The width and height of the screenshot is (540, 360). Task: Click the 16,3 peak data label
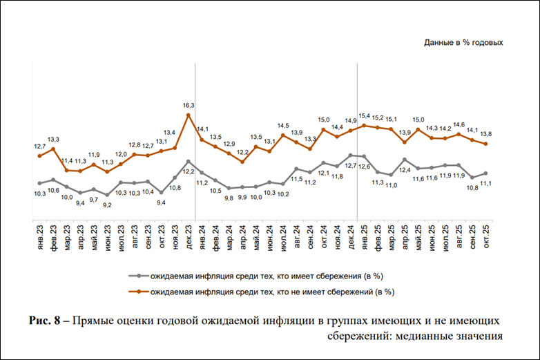[189, 105]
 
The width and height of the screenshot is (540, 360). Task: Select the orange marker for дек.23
[189, 115]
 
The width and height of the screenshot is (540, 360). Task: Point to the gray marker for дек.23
[189, 162]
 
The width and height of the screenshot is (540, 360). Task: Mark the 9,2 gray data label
[107, 205]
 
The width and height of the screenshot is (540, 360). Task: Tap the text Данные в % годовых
[463, 43]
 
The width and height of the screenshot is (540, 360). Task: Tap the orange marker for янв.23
[40, 156]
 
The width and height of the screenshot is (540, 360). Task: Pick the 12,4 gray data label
[405, 170]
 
